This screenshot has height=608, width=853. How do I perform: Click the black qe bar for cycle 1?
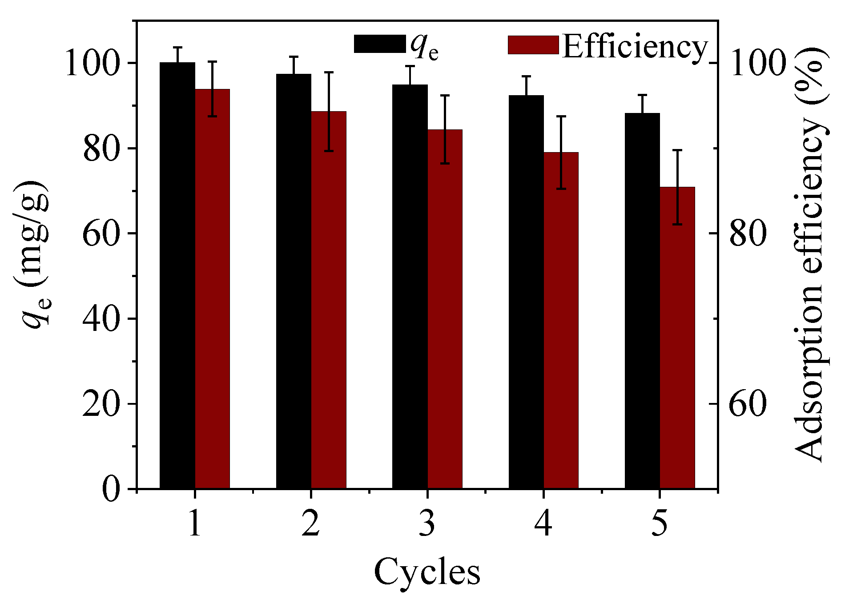(x=177, y=276)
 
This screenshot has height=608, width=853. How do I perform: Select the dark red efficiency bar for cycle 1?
(x=212, y=289)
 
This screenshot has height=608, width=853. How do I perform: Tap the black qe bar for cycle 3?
(x=410, y=287)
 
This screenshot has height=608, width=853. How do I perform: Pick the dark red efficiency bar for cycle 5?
(x=677, y=338)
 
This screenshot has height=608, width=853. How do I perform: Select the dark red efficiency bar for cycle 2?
(x=328, y=300)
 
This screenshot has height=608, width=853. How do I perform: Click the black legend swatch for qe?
(x=379, y=44)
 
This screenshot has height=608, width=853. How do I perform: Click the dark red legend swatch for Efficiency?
(x=533, y=45)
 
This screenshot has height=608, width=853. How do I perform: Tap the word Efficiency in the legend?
(x=635, y=47)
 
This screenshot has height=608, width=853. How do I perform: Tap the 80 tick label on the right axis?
(x=748, y=234)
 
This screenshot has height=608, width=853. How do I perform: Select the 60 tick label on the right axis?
(x=748, y=404)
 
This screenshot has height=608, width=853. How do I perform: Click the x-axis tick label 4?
(x=543, y=523)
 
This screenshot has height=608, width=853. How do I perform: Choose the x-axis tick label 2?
(x=310, y=523)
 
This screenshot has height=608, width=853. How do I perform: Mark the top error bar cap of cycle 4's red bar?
(x=561, y=117)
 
